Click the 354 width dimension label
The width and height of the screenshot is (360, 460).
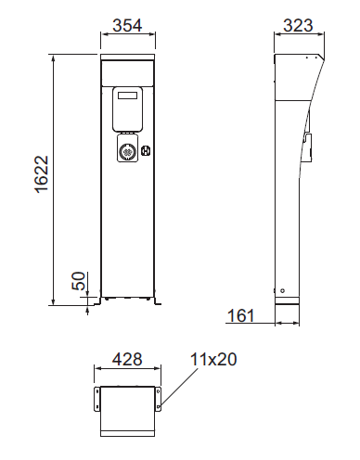click(x=127, y=25)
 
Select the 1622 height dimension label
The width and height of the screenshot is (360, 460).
click(x=42, y=174)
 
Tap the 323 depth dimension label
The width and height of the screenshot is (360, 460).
click(x=298, y=25)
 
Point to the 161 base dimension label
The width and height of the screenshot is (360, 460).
click(x=240, y=315)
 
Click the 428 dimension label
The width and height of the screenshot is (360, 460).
click(x=127, y=359)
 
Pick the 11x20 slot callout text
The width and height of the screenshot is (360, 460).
click(x=213, y=359)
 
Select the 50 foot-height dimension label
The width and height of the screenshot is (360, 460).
click(x=79, y=281)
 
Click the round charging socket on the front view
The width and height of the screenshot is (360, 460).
click(x=127, y=151)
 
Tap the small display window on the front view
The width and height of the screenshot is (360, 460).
click(x=127, y=96)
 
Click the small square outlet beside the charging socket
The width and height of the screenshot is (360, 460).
click(x=146, y=151)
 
